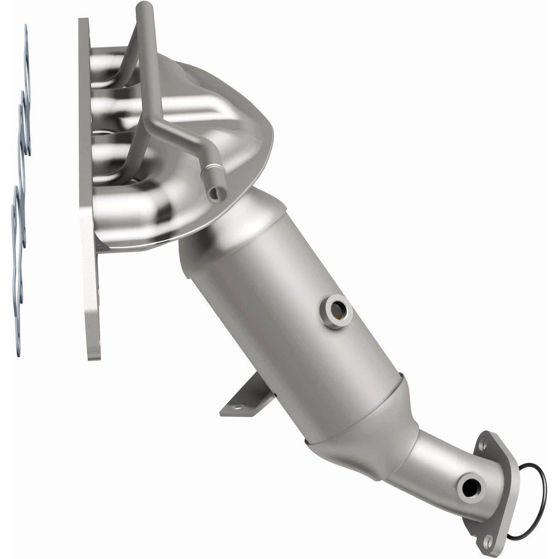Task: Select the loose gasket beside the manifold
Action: click(x=20, y=184)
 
